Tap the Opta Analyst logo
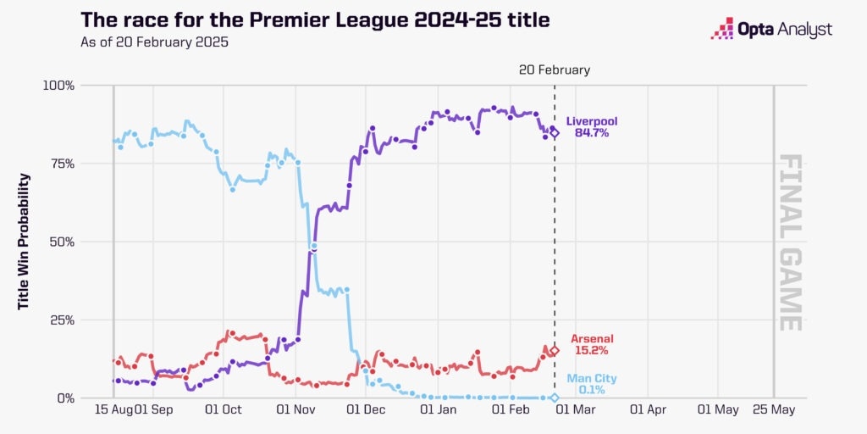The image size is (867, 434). [x=771, y=30]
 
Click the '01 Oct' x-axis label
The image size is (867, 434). [x=224, y=409]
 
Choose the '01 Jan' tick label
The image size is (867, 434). [x=439, y=409]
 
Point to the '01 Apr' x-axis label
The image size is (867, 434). [x=649, y=409]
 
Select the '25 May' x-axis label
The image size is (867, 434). [x=774, y=409]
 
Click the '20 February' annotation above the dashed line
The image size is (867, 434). [x=555, y=70]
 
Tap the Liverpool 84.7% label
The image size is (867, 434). [x=591, y=126]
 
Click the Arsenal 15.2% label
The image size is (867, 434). [x=591, y=343]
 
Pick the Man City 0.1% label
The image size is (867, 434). [x=591, y=384]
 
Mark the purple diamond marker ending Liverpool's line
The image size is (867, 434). [x=555, y=133]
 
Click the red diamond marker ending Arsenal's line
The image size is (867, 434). [x=555, y=350]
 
